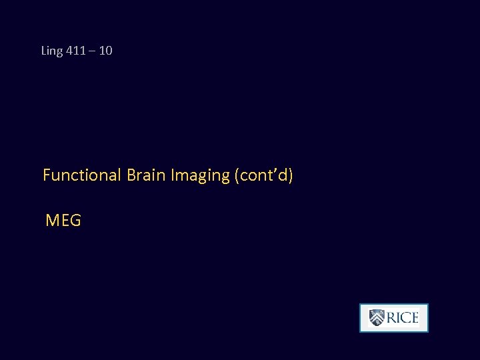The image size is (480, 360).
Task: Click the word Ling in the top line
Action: (x=51, y=51)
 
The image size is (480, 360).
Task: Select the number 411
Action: (x=75, y=51)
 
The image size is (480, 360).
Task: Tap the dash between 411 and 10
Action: (x=92, y=51)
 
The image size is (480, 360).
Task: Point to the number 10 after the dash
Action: (x=105, y=51)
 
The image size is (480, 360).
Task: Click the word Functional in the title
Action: (x=80, y=175)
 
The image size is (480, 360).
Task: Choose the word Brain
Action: (x=145, y=175)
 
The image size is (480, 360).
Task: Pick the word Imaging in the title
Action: (x=200, y=176)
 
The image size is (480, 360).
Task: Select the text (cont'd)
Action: (x=263, y=175)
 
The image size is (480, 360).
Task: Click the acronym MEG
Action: (x=63, y=220)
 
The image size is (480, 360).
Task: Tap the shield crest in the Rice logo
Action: (x=377, y=318)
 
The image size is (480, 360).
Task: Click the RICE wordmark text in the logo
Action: (x=403, y=318)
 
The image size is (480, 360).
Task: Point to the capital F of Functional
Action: (x=47, y=175)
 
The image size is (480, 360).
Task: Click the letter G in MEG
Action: (x=75, y=220)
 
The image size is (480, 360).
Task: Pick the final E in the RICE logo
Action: (x=414, y=318)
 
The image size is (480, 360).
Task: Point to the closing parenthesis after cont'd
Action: (x=291, y=176)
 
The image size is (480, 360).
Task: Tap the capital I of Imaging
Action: (x=173, y=175)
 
